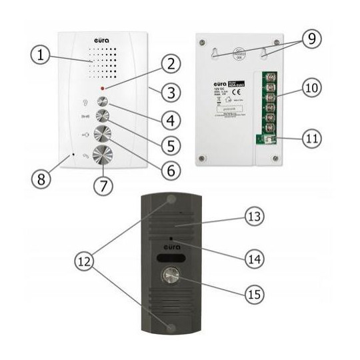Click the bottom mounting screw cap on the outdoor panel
(x=172, y=329)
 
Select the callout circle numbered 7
(x=103, y=187)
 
